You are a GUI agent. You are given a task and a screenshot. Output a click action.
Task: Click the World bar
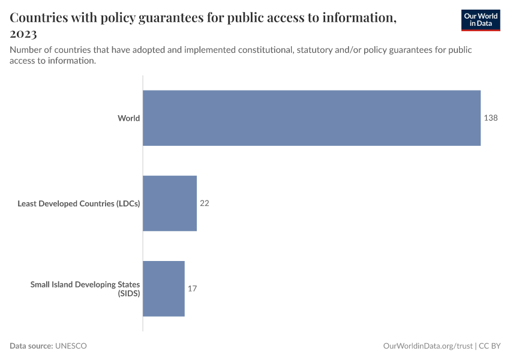pos(311,118)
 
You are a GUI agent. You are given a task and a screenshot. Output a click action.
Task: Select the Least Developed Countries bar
pos(170,203)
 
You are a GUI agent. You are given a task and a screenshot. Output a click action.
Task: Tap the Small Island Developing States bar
pos(163,289)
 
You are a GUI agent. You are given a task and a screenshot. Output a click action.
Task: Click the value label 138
pos(491,118)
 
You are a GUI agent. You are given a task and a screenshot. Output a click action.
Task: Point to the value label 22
pos(204,203)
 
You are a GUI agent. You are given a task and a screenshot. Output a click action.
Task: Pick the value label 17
pos(192,289)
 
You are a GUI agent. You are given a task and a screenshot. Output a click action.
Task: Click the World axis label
pos(128,118)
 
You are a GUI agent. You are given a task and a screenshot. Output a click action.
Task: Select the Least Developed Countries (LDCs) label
pos(79,203)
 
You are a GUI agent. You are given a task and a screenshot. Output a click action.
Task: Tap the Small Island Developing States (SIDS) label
pos(85,289)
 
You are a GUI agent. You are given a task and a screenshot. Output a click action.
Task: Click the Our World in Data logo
pos(480,20)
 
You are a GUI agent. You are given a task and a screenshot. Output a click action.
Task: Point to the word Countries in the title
pos(40,18)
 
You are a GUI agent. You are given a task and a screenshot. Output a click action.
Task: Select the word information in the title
pos(358,18)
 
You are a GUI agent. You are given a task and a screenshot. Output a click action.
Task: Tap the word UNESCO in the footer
pos(71,346)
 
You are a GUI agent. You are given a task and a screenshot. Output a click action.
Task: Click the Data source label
pos(31,346)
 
